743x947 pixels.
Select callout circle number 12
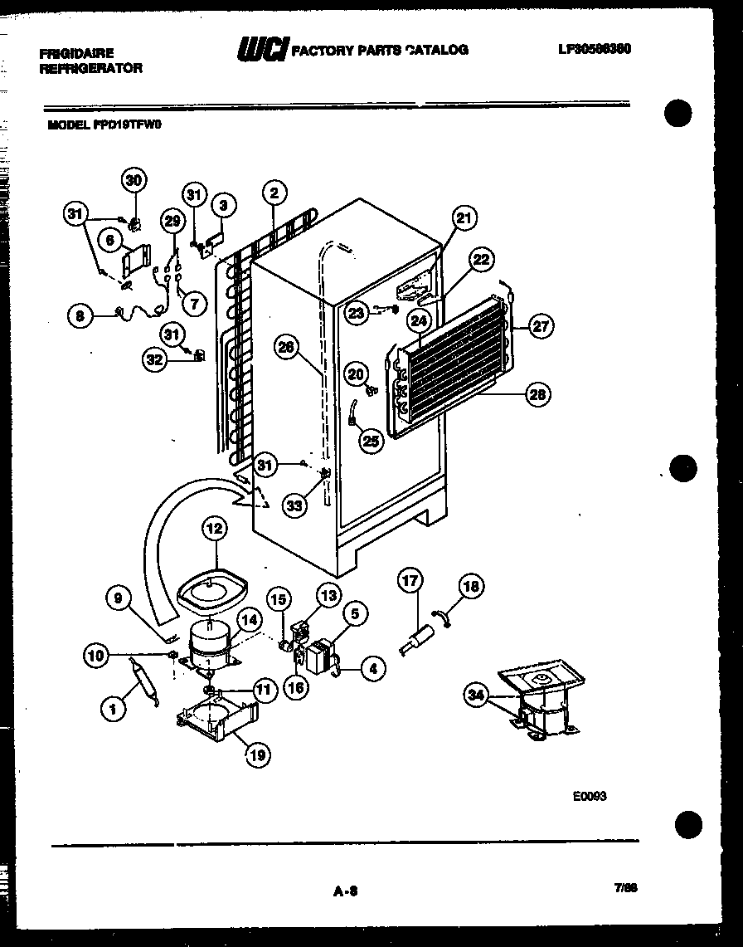coord(214,527)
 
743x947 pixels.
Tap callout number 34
coord(476,696)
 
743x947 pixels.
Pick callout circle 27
coord(541,327)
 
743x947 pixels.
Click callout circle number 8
coord(79,315)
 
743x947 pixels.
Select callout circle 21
coord(464,219)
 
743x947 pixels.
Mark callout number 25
coord(371,442)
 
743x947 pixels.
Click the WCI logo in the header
coord(262,51)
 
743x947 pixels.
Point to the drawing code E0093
coord(590,795)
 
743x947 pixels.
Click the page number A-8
coord(345,891)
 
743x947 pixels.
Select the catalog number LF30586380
coord(595,49)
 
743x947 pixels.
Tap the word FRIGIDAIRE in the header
coord(76,53)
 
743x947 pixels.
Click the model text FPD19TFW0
coord(128,124)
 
